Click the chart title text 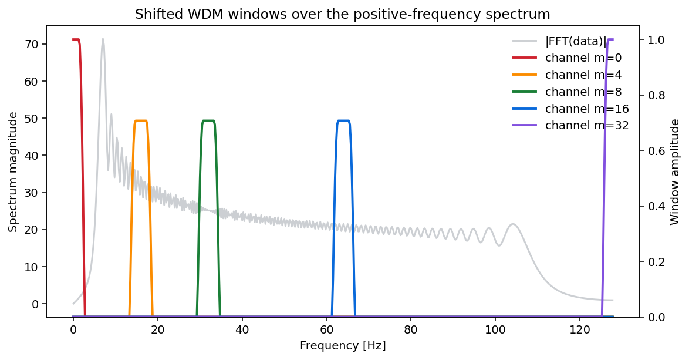pyautogui.click(x=343, y=14)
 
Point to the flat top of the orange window pyautogui.click(x=141, y=121)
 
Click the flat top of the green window pyautogui.click(x=208, y=121)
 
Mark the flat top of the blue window pyautogui.click(x=343, y=121)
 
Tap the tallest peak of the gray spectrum pyautogui.click(x=103, y=39)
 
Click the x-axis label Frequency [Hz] pyautogui.click(x=343, y=346)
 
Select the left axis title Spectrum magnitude pyautogui.click(x=12, y=171)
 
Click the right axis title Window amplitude pyautogui.click(x=675, y=171)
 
